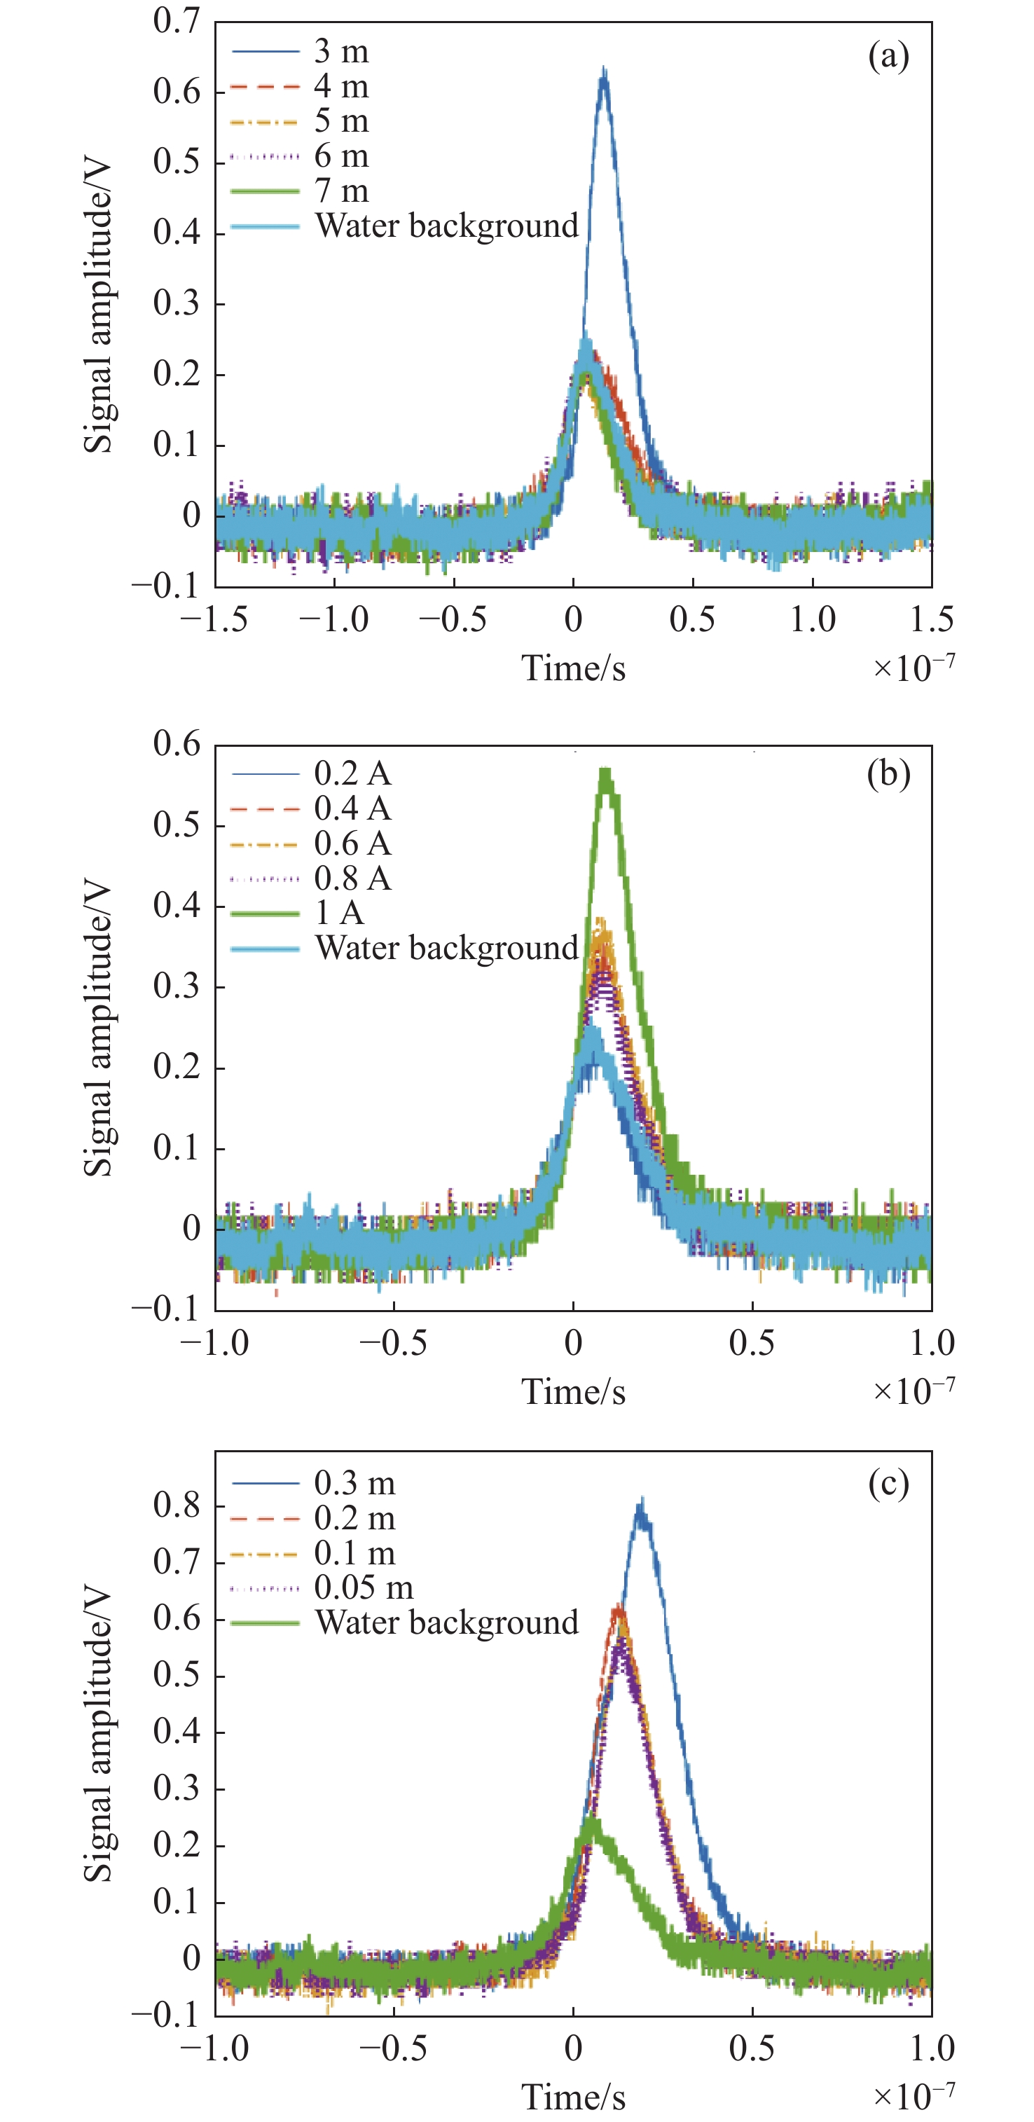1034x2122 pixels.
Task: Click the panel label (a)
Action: point(888,57)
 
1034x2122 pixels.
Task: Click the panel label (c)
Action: point(888,1484)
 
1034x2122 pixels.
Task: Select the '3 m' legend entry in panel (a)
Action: point(341,52)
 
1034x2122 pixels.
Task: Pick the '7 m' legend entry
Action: point(341,191)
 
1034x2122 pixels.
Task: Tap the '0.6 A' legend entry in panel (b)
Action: point(352,843)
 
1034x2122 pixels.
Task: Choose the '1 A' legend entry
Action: point(338,913)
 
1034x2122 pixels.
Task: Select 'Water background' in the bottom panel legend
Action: point(446,1622)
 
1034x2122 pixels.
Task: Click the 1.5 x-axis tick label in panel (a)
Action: point(931,619)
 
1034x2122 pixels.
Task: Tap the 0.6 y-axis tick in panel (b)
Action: point(177,744)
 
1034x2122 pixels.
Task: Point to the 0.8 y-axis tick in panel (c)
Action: point(177,1505)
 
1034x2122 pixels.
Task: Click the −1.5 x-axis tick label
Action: point(214,619)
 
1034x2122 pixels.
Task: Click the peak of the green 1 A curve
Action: point(607,772)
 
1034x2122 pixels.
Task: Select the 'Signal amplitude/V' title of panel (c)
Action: point(98,1734)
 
